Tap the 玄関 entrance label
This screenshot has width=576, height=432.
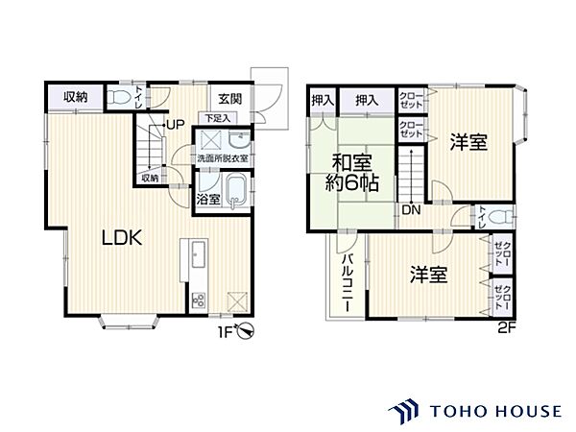pyautogui.click(x=228, y=97)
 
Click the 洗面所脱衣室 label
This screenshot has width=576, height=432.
pyautogui.click(x=223, y=158)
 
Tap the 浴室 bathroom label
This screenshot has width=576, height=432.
pyautogui.click(x=208, y=200)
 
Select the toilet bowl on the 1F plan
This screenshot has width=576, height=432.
pyautogui.click(x=119, y=97)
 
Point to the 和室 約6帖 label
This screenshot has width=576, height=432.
pyautogui.click(x=353, y=173)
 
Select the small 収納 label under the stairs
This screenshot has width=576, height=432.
pyautogui.click(x=150, y=178)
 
